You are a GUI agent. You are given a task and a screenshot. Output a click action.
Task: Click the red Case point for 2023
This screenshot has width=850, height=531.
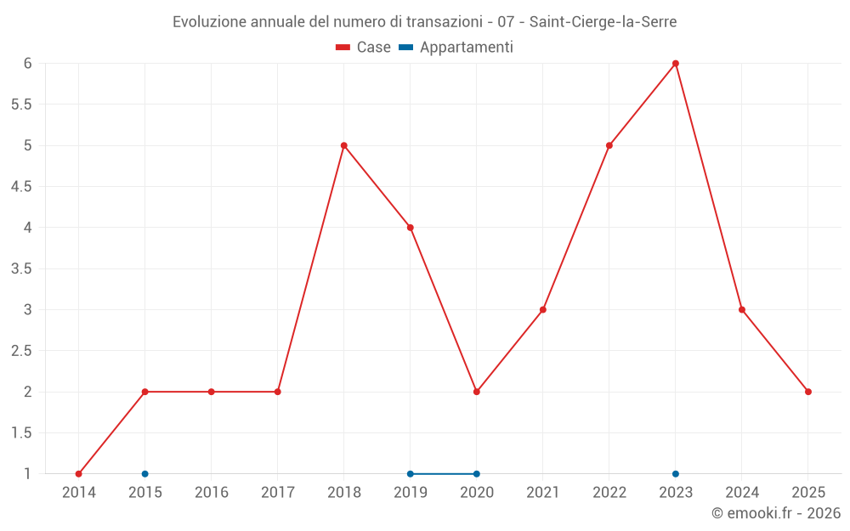(x=676, y=64)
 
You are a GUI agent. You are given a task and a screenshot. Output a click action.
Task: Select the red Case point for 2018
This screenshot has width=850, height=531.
(x=344, y=145)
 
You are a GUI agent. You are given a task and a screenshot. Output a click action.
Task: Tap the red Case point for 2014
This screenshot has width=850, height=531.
(x=79, y=474)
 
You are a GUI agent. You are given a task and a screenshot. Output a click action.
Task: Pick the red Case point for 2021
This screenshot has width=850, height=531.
(x=543, y=309)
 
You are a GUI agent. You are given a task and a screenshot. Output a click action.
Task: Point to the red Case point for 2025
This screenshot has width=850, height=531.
(x=808, y=392)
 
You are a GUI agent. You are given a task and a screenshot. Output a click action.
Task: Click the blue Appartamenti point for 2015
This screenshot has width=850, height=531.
(x=145, y=474)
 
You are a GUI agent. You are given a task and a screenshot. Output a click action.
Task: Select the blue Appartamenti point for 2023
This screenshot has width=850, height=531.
(x=676, y=474)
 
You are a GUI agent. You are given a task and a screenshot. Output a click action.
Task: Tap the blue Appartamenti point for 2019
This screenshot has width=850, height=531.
(x=411, y=474)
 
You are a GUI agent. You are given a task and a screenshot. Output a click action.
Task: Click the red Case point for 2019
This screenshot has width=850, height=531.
(x=411, y=228)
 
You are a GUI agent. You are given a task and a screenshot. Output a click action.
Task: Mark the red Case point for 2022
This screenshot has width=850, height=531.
(x=609, y=145)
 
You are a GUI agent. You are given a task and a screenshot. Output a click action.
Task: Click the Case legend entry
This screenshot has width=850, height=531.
(x=363, y=48)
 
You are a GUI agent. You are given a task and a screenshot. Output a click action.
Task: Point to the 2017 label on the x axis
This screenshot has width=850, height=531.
(x=278, y=493)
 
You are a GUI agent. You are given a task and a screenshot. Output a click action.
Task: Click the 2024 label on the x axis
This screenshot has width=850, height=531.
(x=742, y=493)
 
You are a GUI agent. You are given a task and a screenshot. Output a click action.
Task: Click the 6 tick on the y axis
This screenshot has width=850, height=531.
(x=27, y=64)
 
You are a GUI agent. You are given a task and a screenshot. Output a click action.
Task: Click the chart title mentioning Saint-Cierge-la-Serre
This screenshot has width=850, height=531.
(x=425, y=22)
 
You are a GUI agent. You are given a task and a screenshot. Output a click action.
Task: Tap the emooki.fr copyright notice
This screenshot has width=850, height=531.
(x=776, y=513)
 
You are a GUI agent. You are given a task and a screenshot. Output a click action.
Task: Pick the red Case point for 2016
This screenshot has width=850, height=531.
(x=212, y=392)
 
